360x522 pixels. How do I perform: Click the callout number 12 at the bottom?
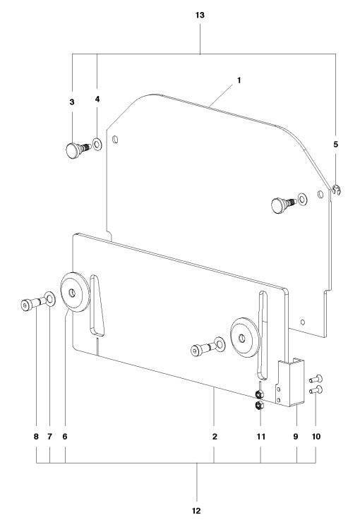click(x=197, y=509)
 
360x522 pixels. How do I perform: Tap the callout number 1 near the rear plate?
click(x=239, y=80)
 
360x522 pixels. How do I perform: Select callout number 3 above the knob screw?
click(x=72, y=102)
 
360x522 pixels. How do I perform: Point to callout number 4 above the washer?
click(x=97, y=99)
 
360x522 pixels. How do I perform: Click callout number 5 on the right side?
click(x=336, y=144)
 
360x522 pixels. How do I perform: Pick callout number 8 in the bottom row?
click(x=36, y=437)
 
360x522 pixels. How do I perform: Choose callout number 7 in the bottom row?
click(x=50, y=437)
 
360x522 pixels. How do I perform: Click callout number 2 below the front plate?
click(x=214, y=437)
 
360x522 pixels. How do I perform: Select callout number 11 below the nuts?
click(x=260, y=437)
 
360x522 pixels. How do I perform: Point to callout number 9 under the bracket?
click(x=296, y=437)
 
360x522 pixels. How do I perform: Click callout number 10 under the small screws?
click(x=316, y=437)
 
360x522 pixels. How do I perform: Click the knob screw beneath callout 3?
click(x=74, y=149)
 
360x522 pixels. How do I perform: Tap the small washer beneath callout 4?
click(x=97, y=145)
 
